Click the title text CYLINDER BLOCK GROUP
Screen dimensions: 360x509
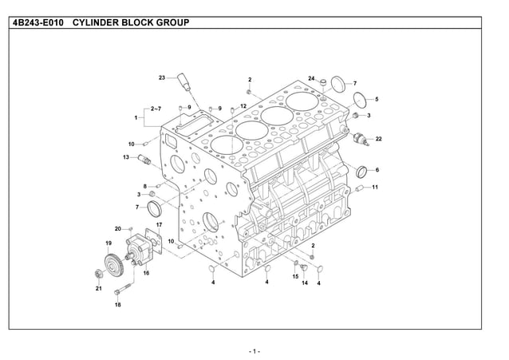[x=131, y=22]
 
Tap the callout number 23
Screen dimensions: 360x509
[x=162, y=77]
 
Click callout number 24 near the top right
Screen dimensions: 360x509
[x=311, y=78]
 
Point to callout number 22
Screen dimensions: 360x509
[x=378, y=139]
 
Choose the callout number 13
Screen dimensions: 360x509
[x=126, y=157]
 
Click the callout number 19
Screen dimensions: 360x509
[x=108, y=242]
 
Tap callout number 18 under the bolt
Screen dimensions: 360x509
[x=117, y=305]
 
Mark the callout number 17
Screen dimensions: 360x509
[x=159, y=225]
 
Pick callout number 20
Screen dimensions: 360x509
[x=117, y=228]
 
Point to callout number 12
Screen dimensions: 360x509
[x=243, y=106]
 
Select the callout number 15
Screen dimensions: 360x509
[x=294, y=276]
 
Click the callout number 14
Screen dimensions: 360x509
[x=305, y=283]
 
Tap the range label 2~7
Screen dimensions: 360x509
[x=156, y=108]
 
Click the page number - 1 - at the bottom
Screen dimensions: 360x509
[x=254, y=350]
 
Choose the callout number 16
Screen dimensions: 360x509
[x=146, y=273]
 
